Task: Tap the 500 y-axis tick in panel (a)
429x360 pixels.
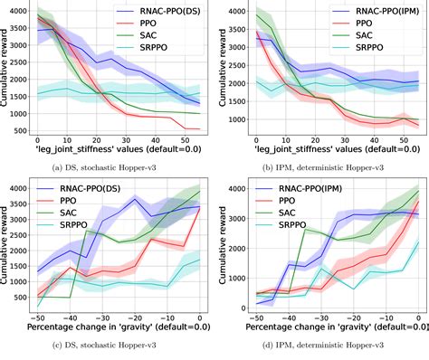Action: pyautogui.click(x=19, y=129)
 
